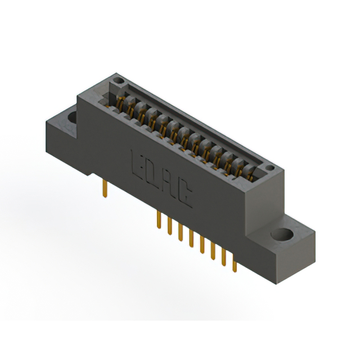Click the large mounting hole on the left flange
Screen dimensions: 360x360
[x=71, y=118]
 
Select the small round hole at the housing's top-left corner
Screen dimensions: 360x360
[x=118, y=82]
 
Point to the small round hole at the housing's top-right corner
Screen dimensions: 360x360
[x=269, y=168]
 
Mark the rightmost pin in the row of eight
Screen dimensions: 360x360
[x=235, y=264]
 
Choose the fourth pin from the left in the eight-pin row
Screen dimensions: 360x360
[x=191, y=239]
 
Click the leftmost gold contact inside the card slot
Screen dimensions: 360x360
[x=120, y=103]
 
